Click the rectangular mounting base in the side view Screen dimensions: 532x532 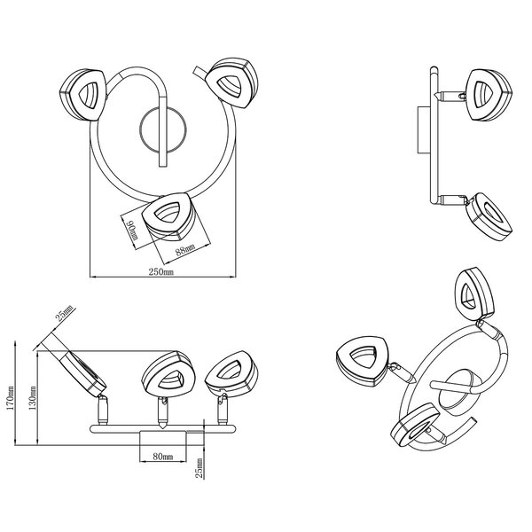(420, 133)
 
